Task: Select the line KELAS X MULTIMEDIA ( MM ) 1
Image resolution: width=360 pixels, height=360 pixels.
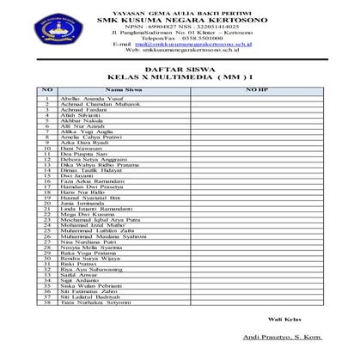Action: tap(180, 76)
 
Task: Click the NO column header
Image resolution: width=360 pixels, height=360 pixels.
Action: tap(48, 88)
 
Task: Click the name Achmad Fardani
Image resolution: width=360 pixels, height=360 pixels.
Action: tap(85, 109)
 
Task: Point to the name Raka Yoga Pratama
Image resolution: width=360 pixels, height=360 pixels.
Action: tap(89, 254)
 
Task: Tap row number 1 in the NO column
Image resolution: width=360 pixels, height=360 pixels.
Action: tap(48, 97)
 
